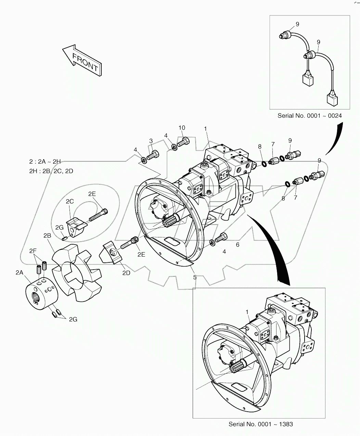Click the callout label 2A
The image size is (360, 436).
pyautogui.click(x=20, y=272)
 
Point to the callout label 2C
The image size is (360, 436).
pyautogui.click(x=69, y=202)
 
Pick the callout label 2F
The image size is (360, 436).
pyautogui.click(x=33, y=251)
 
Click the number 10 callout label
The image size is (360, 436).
pyautogui.click(x=182, y=128)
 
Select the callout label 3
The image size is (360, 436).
pyautogui.click(x=150, y=141)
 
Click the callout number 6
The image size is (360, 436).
pyautogui.click(x=237, y=245)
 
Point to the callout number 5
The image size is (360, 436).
pyautogui.click(x=195, y=277)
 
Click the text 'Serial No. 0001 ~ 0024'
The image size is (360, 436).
pyautogui.click(x=309, y=116)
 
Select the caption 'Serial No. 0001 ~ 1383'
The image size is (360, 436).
pyautogui.click(x=261, y=424)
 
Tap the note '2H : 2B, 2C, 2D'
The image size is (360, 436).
pyautogui.click(x=51, y=171)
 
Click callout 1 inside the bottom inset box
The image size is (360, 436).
pyautogui.click(x=247, y=311)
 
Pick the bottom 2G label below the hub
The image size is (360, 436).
pyautogui.click(x=73, y=319)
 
